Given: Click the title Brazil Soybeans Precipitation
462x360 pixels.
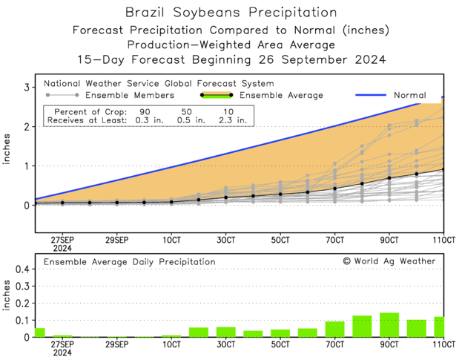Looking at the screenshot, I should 230,13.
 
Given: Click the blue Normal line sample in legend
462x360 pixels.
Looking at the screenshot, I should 374,95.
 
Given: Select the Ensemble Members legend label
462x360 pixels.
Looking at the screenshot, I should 130,95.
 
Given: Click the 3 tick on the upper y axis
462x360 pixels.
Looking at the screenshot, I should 26,88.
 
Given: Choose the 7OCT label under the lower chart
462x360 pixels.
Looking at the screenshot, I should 334,344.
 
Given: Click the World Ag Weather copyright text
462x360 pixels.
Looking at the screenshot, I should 389,261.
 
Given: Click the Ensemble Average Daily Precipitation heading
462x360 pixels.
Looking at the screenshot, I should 130,261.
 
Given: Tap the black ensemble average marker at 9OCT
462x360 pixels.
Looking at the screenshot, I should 389,178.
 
